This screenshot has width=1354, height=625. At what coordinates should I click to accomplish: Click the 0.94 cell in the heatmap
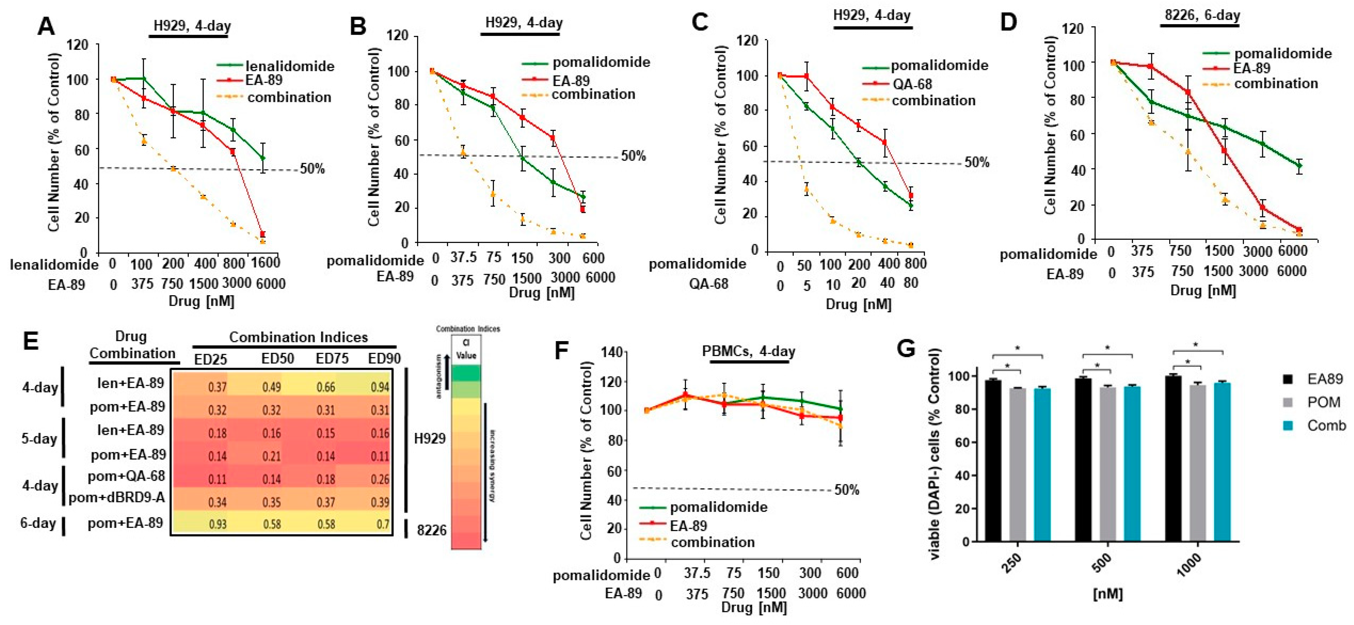click(379, 388)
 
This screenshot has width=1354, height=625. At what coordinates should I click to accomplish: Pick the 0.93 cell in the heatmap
click(218, 525)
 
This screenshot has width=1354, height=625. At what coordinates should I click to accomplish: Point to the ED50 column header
click(278, 359)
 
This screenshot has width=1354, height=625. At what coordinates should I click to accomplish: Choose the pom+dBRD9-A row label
click(117, 497)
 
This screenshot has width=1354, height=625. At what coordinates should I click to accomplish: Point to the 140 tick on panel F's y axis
click(612, 352)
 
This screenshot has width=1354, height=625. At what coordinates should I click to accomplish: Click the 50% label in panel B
click(633, 156)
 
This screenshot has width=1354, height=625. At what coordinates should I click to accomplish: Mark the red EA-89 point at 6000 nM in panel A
click(263, 234)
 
